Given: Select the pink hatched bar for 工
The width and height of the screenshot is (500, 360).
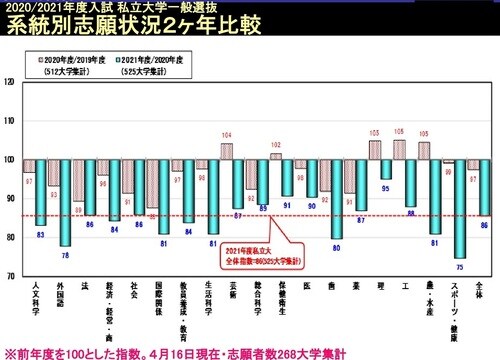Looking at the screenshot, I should [399, 149].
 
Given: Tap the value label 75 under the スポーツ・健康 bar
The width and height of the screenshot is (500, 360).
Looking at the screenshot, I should [460, 267].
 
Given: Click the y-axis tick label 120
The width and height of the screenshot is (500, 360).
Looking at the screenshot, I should [10, 83].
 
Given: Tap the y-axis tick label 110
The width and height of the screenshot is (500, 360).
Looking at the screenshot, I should [10, 121].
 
